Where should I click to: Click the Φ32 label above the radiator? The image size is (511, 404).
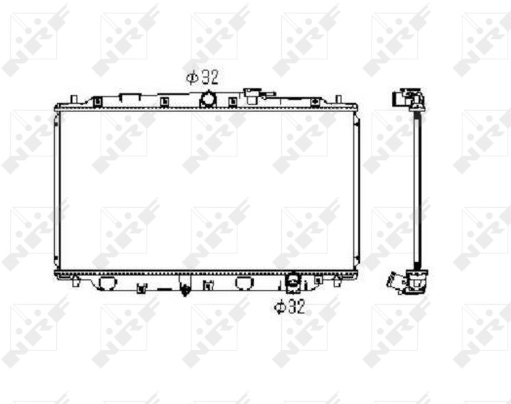202,77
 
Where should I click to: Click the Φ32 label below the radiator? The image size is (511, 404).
290,307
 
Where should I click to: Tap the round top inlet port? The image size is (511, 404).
207,99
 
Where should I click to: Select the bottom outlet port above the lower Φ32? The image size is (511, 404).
292,282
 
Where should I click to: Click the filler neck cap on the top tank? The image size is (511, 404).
252,95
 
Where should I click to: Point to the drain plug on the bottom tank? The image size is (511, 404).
185,290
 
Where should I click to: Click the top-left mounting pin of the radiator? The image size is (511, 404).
74,98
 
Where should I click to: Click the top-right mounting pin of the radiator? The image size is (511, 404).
339,98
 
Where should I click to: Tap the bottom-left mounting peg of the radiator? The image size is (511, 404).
75,281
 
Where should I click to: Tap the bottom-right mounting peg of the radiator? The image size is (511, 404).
337,281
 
